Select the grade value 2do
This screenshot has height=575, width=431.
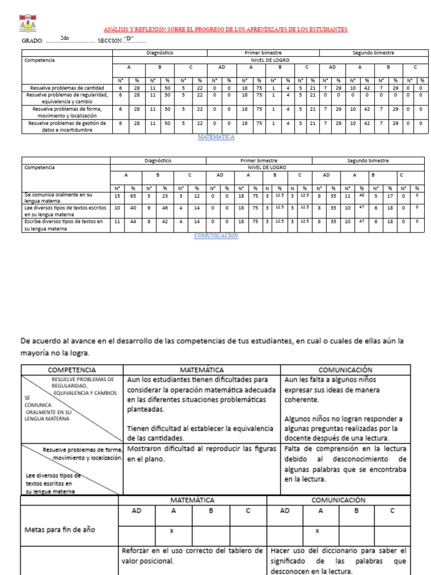coord(65,38)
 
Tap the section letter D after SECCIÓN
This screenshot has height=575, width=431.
coord(129,38)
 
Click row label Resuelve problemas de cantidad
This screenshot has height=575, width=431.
coord(67,88)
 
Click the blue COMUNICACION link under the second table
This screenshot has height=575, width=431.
coord(216,236)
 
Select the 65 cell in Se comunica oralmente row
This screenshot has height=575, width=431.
coord(133,197)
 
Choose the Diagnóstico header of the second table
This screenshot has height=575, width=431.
coord(158,161)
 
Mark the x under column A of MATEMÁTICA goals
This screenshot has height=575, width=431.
coord(173,530)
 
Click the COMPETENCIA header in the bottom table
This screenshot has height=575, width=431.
coord(72,370)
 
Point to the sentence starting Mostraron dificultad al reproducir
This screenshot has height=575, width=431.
coord(202,454)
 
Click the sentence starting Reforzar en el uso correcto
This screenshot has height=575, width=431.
coord(192,555)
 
